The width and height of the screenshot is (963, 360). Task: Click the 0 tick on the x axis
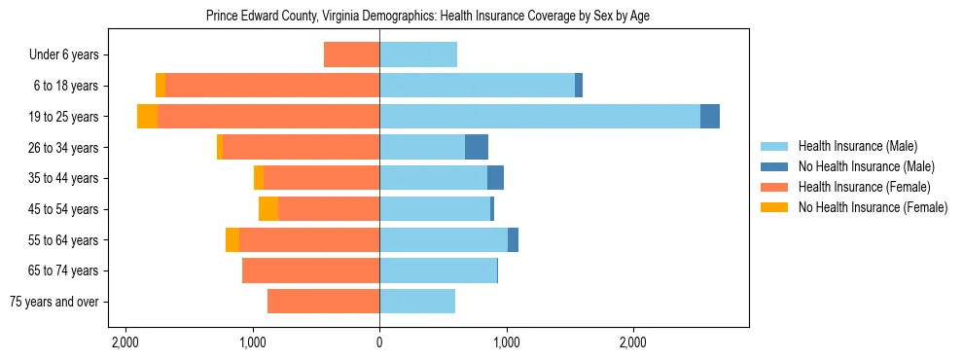pyautogui.click(x=379, y=342)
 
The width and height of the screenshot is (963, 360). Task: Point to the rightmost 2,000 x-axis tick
pyautogui.click(x=632, y=342)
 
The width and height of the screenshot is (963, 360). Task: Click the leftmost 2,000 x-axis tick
pyautogui.click(x=125, y=342)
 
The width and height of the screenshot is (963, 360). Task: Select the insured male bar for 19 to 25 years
pyautogui.click(x=540, y=116)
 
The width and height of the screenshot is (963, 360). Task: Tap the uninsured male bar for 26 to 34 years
pyautogui.click(x=477, y=147)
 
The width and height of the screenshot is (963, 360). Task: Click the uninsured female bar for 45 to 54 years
pyautogui.click(x=268, y=208)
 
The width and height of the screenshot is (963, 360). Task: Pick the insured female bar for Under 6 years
pyautogui.click(x=351, y=54)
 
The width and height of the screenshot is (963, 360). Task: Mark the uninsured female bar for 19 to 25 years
pyautogui.click(x=147, y=116)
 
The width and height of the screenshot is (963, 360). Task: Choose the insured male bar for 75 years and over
pyautogui.click(x=417, y=301)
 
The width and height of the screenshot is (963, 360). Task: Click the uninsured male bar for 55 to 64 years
pyautogui.click(x=513, y=239)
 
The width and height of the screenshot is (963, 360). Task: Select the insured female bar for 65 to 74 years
pyautogui.click(x=311, y=270)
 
